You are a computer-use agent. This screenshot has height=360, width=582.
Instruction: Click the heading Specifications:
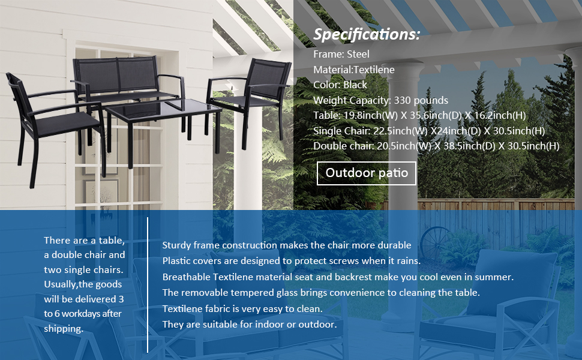(x=367, y=35)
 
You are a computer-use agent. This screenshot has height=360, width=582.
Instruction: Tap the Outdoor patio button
(x=367, y=173)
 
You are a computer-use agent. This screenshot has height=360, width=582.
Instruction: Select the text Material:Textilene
(x=354, y=70)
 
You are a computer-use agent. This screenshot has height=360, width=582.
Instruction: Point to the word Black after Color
(x=355, y=85)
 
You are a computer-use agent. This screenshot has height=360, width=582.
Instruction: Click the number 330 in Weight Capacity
(x=403, y=101)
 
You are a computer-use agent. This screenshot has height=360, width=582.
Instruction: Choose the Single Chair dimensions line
(x=429, y=131)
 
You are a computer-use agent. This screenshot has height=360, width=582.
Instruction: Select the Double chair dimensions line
(x=436, y=146)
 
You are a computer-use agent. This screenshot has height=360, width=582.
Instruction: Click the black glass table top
(x=162, y=111)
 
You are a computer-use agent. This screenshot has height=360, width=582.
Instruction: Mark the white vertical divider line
(x=148, y=285)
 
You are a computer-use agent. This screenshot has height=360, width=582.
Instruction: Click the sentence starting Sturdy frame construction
(x=287, y=245)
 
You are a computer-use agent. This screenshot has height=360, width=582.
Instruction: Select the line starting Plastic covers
(x=292, y=261)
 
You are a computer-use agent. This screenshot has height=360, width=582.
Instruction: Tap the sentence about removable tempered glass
(x=321, y=293)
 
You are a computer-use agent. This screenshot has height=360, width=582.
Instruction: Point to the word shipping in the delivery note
(x=63, y=329)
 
